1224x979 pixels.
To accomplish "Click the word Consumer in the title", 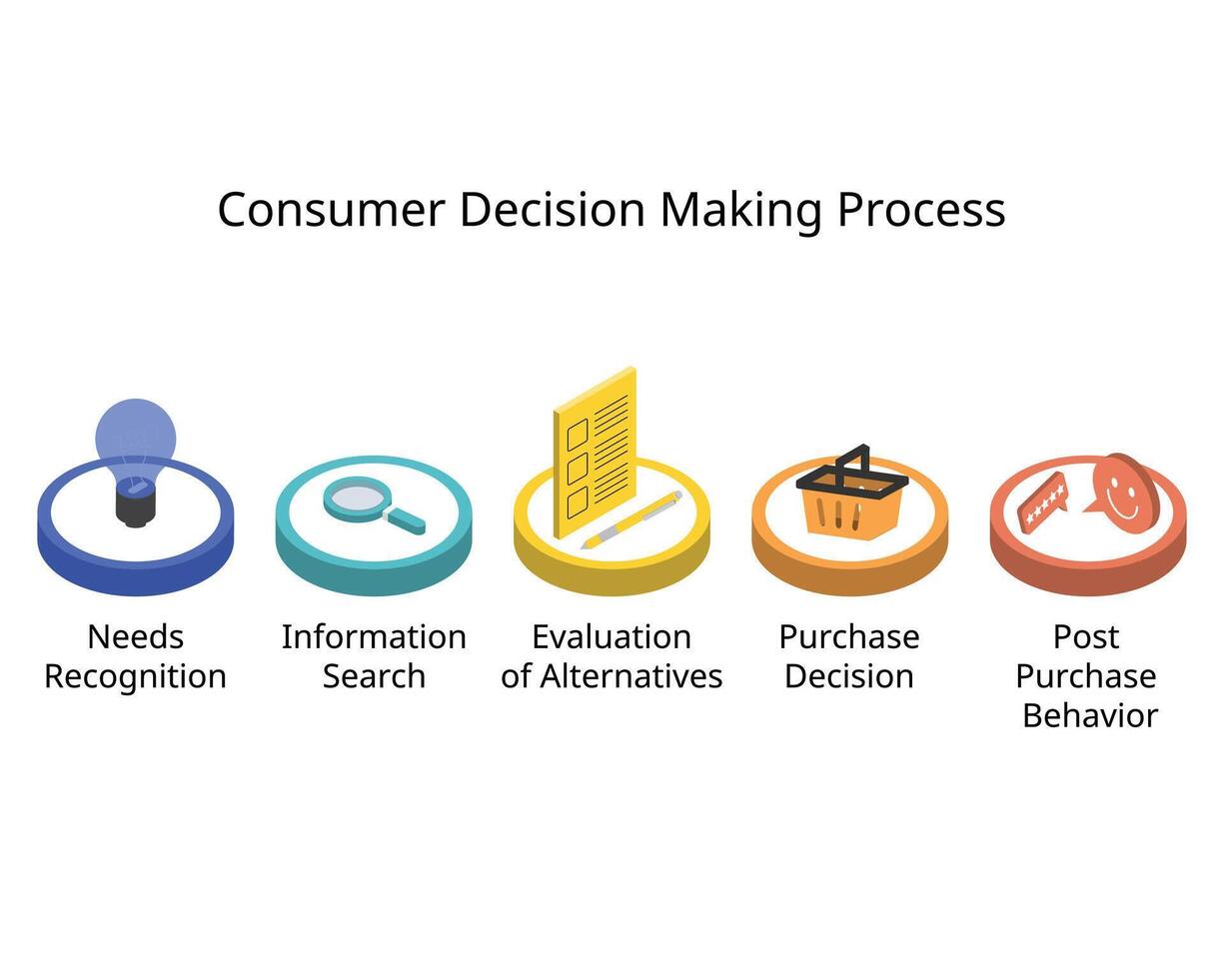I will [x=331, y=210].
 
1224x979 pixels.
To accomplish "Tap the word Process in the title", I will [x=920, y=210].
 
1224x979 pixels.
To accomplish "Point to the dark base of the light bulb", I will [x=136, y=504].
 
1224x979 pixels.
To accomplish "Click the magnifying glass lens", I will [x=356, y=495].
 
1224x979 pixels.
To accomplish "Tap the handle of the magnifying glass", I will [x=407, y=520].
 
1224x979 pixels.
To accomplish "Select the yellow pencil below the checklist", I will [x=631, y=519].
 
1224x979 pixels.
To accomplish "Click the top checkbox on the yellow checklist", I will [x=577, y=435].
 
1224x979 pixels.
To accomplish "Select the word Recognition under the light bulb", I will [x=135, y=676].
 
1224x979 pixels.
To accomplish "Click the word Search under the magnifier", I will [x=374, y=676].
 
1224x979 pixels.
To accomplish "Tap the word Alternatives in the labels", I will [x=631, y=676].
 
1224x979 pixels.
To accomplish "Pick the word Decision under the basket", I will [x=849, y=676].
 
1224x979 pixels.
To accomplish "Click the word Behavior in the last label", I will [x=1089, y=715].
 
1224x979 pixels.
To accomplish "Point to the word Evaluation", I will [x=612, y=636].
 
